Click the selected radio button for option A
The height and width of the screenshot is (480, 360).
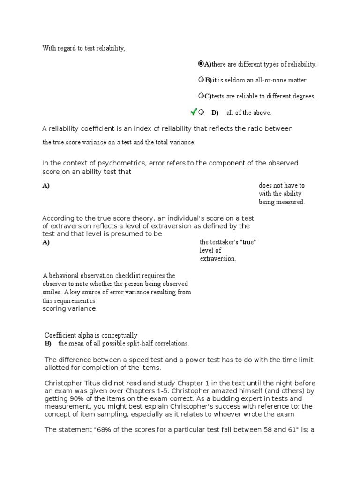click(201, 64)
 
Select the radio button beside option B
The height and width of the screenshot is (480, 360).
click(201, 80)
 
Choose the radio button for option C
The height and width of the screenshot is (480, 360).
click(201, 96)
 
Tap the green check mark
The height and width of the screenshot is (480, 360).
click(193, 112)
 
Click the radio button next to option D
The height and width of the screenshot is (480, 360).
click(201, 112)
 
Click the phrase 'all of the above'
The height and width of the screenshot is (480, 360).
click(248, 112)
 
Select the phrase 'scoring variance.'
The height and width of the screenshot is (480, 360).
click(70, 309)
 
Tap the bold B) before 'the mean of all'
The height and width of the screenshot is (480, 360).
click(48, 344)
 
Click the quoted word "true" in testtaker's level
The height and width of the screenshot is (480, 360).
click(247, 242)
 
